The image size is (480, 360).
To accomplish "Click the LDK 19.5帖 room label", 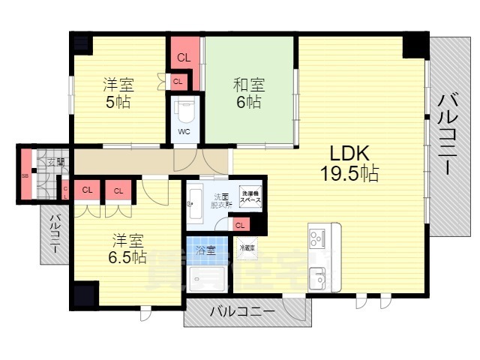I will point(349,163).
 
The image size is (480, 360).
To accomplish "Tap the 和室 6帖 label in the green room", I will point(248,93).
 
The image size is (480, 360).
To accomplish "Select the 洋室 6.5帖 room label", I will point(128,248).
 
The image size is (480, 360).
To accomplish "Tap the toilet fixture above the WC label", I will point(184,111).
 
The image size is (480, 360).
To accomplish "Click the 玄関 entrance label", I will point(55,162).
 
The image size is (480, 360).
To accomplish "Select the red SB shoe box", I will point(25,176).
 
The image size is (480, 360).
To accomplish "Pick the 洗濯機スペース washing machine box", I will point(250,198).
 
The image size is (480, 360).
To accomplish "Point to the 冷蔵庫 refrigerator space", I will point(247,247).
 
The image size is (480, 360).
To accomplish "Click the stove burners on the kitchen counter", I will point(315,238).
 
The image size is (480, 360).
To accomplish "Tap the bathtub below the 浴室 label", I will point(205,277).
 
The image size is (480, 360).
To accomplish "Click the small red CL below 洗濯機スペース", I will point(240,225).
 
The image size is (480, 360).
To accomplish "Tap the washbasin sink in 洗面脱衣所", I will point(193,201).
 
